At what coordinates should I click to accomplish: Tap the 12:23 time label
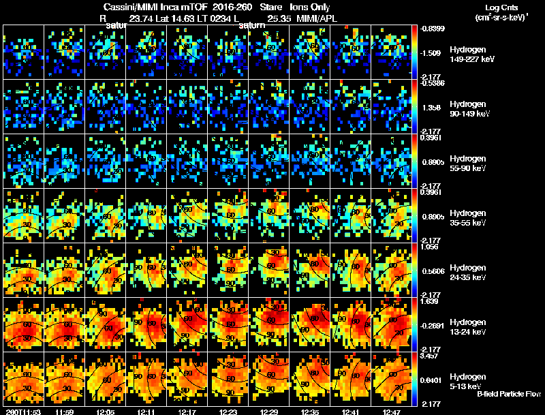click(x=230, y=412)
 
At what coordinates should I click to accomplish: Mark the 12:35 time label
click(x=311, y=412)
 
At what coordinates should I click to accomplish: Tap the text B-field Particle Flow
click(x=508, y=394)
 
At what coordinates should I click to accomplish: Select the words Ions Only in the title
click(x=310, y=7)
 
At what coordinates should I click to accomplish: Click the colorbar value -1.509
click(x=432, y=52)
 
